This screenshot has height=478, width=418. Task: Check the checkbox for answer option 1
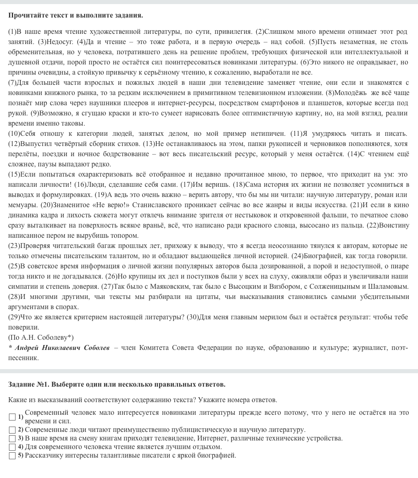tap(12, 417)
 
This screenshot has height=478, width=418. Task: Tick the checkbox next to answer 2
tap(12, 429)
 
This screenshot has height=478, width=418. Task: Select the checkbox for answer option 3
tap(12, 438)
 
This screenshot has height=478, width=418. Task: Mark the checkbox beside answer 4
tap(12, 447)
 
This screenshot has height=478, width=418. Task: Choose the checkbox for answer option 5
tap(12, 456)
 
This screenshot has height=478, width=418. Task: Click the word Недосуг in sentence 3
tap(60, 42)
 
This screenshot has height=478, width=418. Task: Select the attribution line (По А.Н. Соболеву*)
tap(41, 337)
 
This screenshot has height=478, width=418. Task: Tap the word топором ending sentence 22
tap(125, 236)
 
